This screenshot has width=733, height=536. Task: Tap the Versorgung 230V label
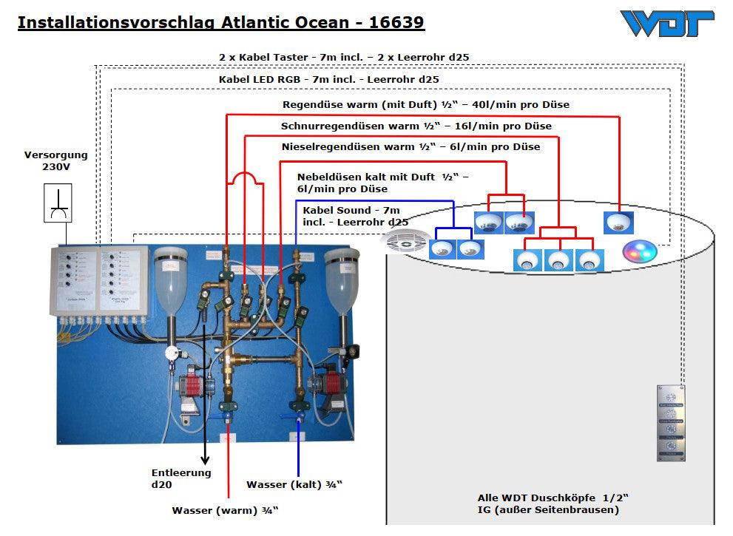coord(56,161)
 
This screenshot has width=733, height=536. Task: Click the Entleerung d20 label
coord(181,478)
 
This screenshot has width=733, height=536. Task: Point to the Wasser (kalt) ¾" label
coord(294,485)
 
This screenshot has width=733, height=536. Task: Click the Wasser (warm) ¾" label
coord(226,510)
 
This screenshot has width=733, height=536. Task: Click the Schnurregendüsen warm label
coord(416,126)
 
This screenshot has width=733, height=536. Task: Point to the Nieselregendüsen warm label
coord(411,146)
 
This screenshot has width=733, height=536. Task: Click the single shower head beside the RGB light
coord(619,221)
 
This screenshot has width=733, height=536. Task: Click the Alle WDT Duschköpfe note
coord(548,503)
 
